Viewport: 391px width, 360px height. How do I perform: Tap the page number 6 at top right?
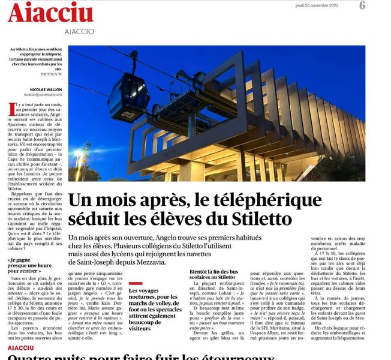(362, 5)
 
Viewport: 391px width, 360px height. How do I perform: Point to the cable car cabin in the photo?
(128, 96)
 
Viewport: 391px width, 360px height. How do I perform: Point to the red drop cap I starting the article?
(11, 109)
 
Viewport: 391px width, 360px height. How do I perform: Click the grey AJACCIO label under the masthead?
(78, 31)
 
